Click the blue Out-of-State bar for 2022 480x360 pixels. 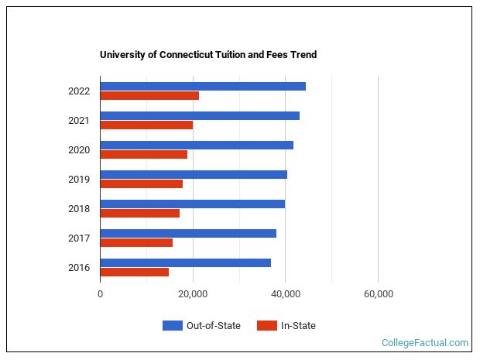tap(203, 86)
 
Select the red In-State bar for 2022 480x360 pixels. tap(149, 96)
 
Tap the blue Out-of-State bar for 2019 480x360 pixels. tap(194, 174)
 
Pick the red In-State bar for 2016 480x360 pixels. tap(135, 273)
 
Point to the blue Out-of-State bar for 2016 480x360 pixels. tap(186, 262)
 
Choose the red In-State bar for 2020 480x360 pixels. tap(144, 155)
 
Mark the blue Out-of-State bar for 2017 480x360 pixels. tap(188, 233)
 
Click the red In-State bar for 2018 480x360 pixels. tap(140, 214)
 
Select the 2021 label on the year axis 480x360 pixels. tap(79, 121)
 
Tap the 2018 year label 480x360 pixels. tap(79, 209)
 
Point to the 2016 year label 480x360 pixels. tap(79, 268)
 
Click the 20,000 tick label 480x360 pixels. tap(193, 294)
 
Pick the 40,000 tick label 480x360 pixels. tap(286, 294)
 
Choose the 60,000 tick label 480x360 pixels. tap(378, 294)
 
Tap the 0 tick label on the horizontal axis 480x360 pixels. tap(101, 294)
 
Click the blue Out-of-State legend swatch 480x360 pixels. tap(172, 326)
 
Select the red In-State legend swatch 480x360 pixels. tap(266, 326)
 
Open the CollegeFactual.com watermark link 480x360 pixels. tap(425, 343)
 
